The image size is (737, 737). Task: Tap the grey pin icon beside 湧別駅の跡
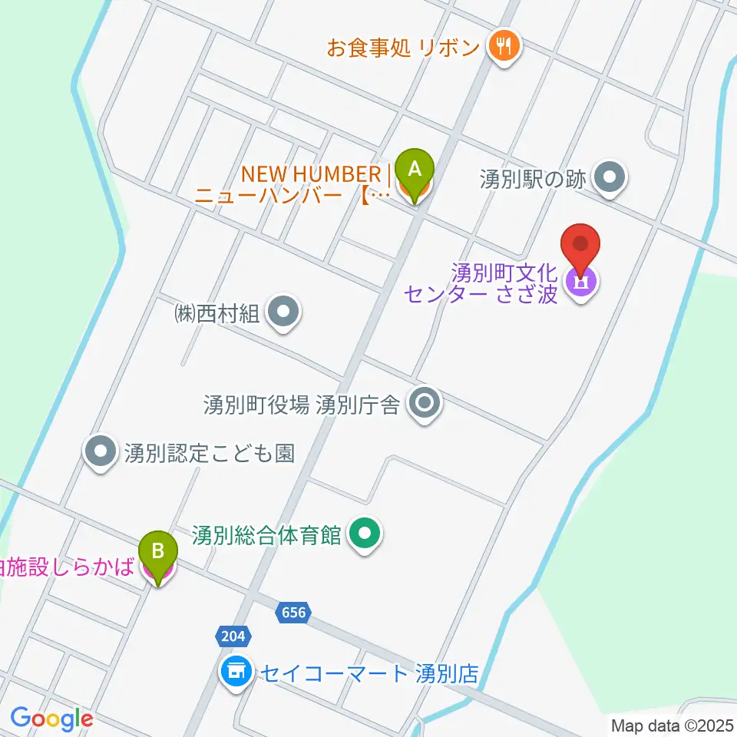click(x=611, y=179)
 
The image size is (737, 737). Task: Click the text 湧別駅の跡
click(x=533, y=180)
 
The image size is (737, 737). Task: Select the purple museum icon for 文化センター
click(x=581, y=283)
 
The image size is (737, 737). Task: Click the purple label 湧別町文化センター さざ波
click(x=504, y=283)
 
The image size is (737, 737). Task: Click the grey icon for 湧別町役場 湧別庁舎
click(x=425, y=403)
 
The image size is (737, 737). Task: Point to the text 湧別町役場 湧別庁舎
click(x=302, y=404)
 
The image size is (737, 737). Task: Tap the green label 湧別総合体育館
click(x=267, y=535)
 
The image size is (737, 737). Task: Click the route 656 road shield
click(x=293, y=612)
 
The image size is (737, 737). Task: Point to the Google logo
click(x=51, y=719)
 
